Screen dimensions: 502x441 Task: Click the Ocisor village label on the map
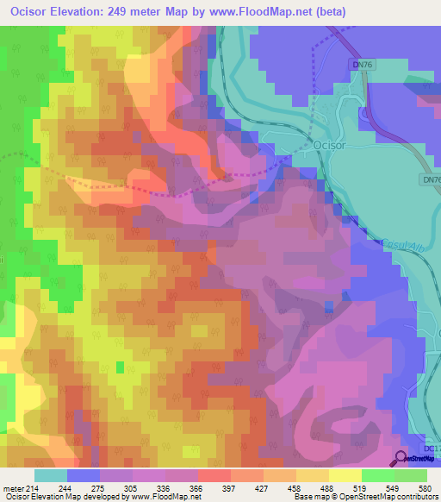coord(332,146)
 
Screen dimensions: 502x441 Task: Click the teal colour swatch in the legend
coord(51,475)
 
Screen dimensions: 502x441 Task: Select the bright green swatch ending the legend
coord(411,475)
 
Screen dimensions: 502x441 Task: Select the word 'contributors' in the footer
coord(414,497)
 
